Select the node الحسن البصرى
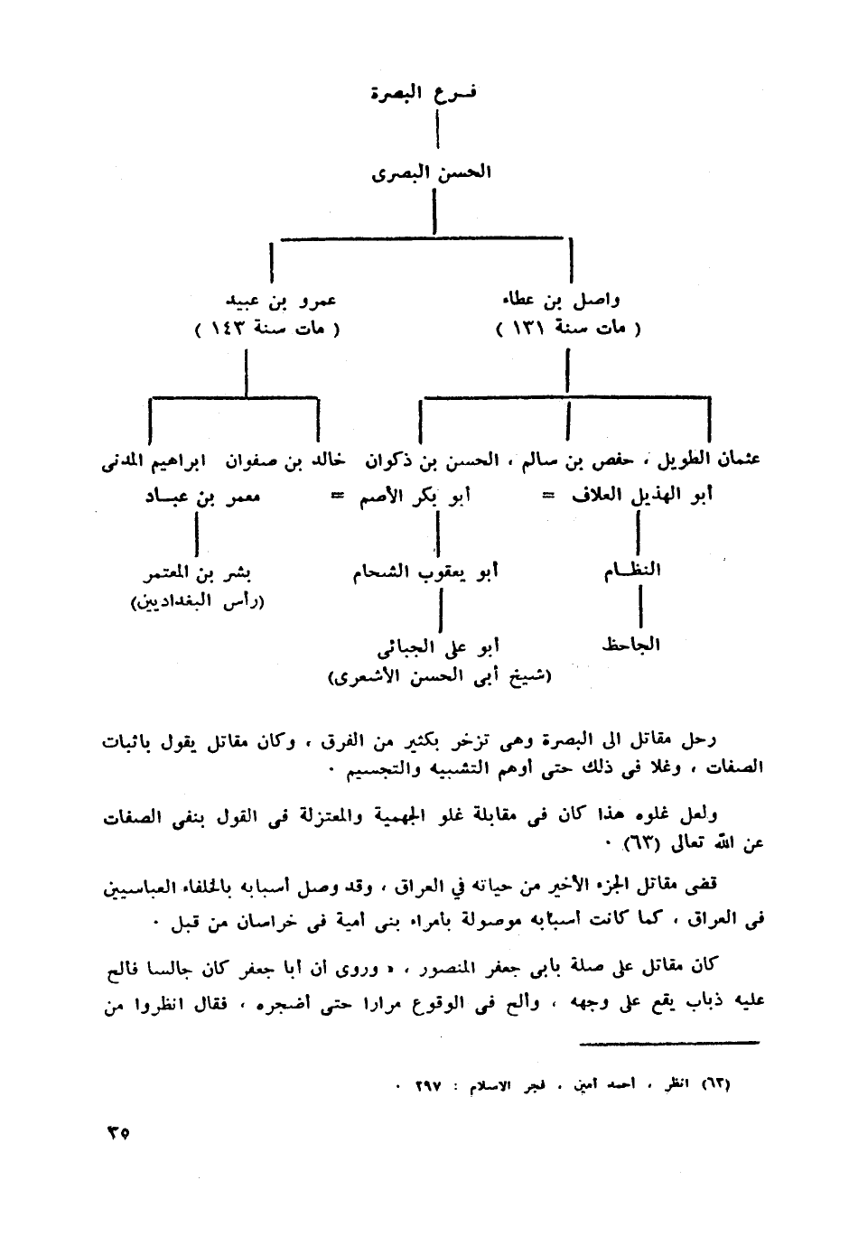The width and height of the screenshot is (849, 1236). [x=432, y=172]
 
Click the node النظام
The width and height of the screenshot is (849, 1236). [x=633, y=569]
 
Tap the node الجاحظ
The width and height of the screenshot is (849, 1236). [x=631, y=644]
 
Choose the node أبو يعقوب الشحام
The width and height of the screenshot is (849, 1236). [x=425, y=572]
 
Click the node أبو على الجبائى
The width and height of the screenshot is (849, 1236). [x=439, y=646]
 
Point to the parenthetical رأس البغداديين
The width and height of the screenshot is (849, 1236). [x=197, y=601]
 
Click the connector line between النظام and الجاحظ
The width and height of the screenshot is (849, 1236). [x=639, y=606]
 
